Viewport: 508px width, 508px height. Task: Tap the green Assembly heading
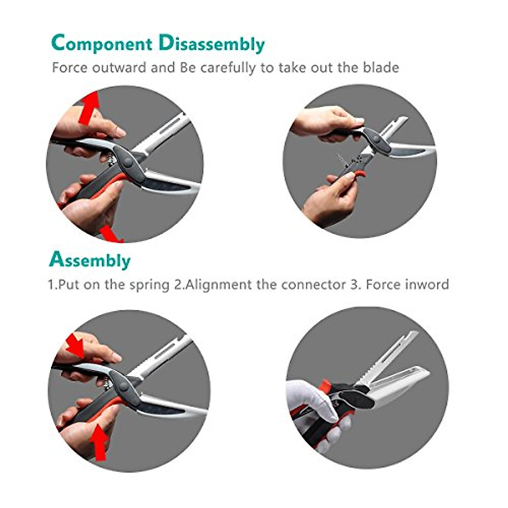pos(90,260)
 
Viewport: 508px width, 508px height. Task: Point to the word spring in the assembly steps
pos(149,284)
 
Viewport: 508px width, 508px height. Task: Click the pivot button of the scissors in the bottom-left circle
pos(123,386)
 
